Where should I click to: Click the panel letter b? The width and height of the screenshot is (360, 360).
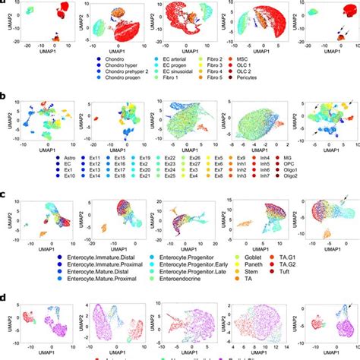click(x=6, y=96)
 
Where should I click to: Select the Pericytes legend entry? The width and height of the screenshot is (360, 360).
click(x=262, y=80)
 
